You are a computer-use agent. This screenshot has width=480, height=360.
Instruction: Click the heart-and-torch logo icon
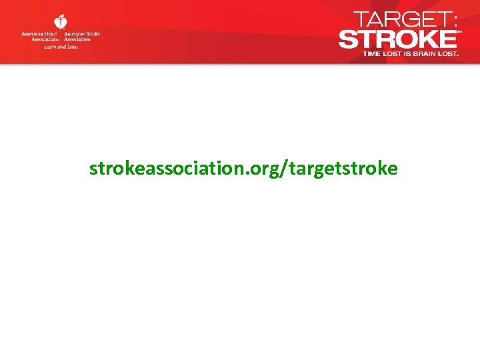(x=60, y=22)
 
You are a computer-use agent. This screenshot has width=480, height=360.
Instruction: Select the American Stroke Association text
(x=82, y=35)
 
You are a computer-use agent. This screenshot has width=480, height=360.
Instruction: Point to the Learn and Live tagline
(x=61, y=47)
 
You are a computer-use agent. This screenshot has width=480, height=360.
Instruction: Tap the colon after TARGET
(x=453, y=20)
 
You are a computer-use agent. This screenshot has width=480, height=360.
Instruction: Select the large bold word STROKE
(x=397, y=39)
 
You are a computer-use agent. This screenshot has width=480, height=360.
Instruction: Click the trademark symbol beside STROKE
(x=459, y=31)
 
